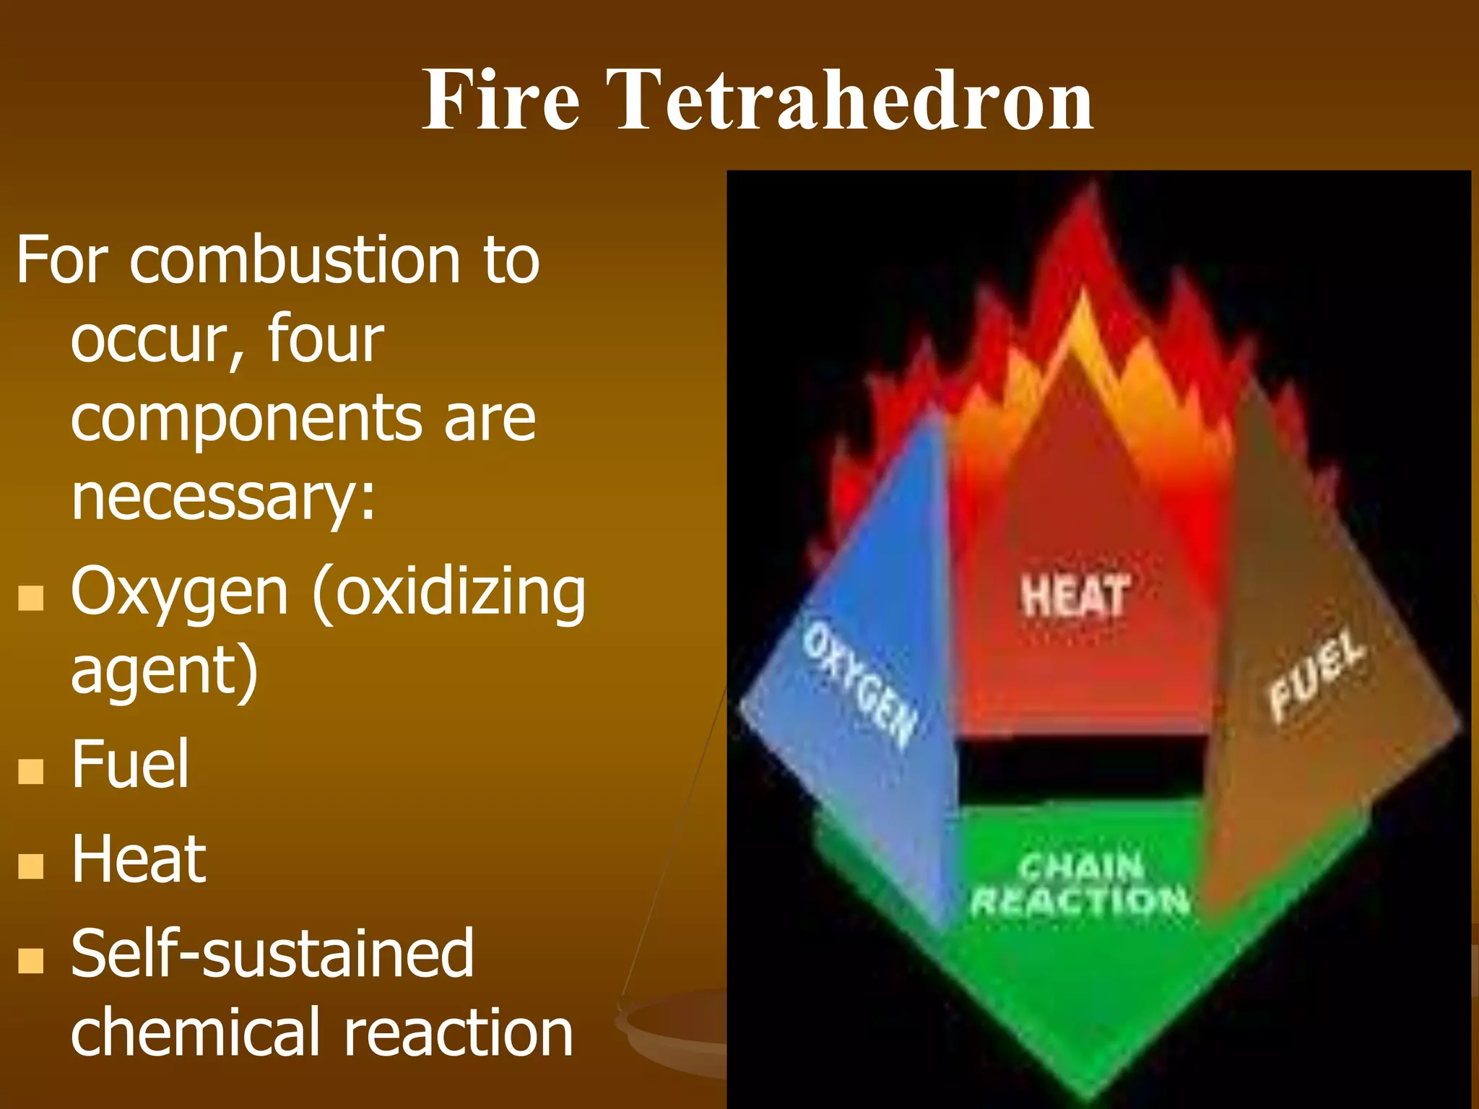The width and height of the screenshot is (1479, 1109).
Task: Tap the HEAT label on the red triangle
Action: pos(1074,596)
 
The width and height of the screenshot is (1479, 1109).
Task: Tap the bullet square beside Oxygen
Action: pos(31,598)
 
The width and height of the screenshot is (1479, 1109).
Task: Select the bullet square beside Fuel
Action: pos(31,770)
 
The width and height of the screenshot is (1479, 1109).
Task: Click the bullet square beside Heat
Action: pos(31,866)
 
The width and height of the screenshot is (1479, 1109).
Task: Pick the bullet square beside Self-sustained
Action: pos(31,961)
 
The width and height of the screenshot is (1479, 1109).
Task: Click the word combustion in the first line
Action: pos(295,260)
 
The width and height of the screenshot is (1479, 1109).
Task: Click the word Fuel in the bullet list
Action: pos(130,764)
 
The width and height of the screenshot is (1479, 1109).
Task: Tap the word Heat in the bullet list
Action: pos(139,859)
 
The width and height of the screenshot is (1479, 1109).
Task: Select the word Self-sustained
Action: pos(272,954)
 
